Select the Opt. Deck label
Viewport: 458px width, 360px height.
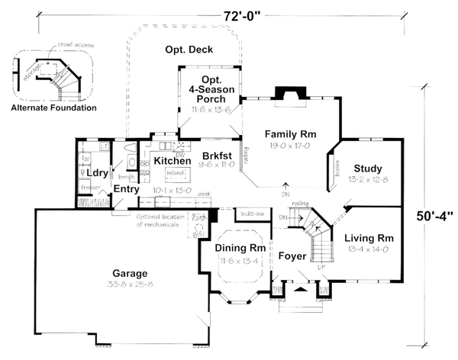[189, 50]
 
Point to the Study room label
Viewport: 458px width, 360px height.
[367, 169]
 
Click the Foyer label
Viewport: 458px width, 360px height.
[291, 256]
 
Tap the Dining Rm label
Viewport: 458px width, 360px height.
[240, 248]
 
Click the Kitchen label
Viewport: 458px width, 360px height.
[173, 162]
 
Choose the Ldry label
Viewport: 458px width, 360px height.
[96, 173]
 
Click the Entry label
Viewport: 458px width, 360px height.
[126, 188]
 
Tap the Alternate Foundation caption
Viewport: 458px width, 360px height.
[53, 108]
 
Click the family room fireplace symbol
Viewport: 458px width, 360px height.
[289, 93]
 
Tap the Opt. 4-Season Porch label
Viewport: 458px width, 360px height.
[211, 88]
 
